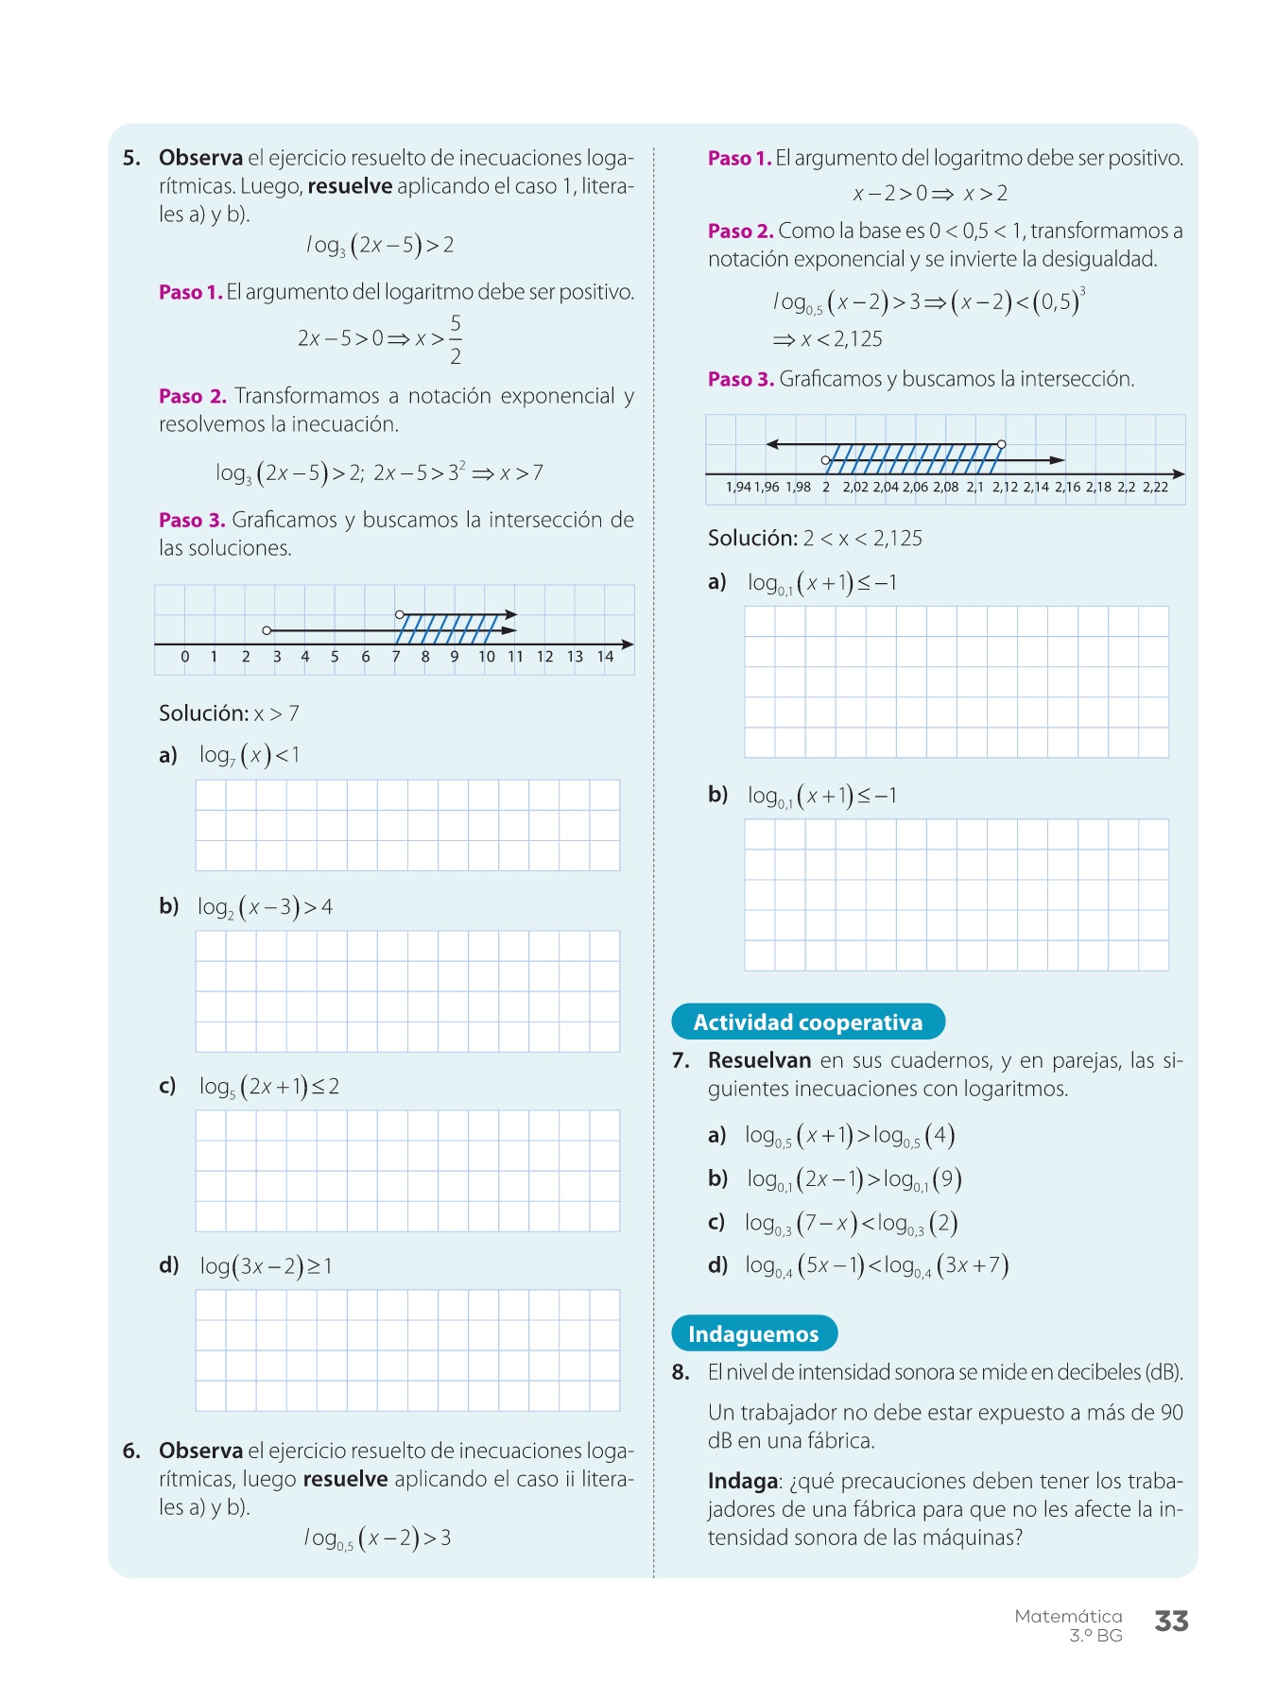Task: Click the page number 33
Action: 1171,1622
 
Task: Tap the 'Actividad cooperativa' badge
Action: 807,1022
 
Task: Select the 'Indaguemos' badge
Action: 753,1333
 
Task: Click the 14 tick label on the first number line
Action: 605,657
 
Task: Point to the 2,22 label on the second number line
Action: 1155,487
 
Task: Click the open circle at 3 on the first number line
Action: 267,630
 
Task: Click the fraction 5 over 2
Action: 456,339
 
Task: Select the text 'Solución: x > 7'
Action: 229,713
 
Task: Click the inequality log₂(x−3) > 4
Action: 265,907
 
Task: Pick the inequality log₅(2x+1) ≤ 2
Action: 268,1087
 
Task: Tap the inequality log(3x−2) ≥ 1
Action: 266,1266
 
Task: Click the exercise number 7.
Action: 681,1060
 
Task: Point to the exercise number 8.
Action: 681,1372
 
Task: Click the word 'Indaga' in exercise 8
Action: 742,1481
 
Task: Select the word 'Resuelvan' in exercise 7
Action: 759,1060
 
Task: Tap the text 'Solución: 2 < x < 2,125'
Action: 815,539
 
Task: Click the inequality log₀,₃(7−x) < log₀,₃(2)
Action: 851,1224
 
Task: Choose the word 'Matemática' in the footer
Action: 1068,1616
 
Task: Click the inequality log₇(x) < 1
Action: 249,755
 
